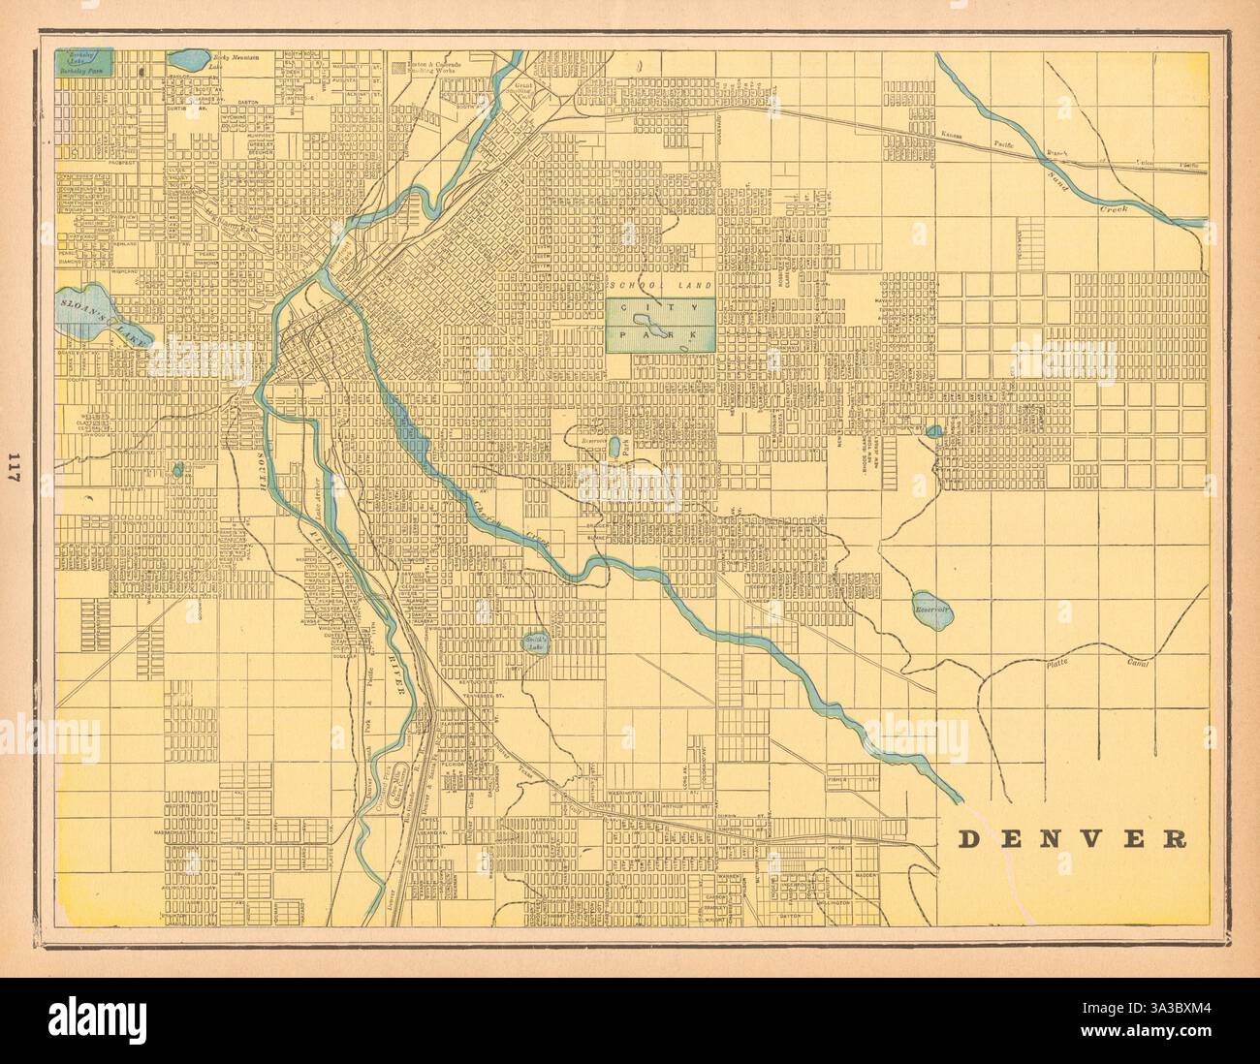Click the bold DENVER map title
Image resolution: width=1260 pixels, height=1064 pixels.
coord(1074,838)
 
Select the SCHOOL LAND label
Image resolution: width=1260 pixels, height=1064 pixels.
coord(663,286)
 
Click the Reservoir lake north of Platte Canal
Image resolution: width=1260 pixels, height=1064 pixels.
coord(932,610)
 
